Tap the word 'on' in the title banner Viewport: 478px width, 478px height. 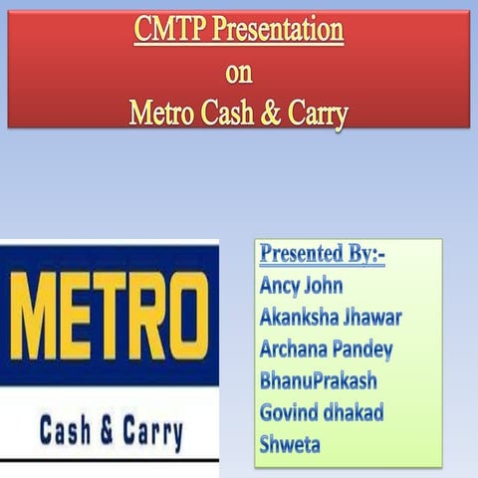239,73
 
